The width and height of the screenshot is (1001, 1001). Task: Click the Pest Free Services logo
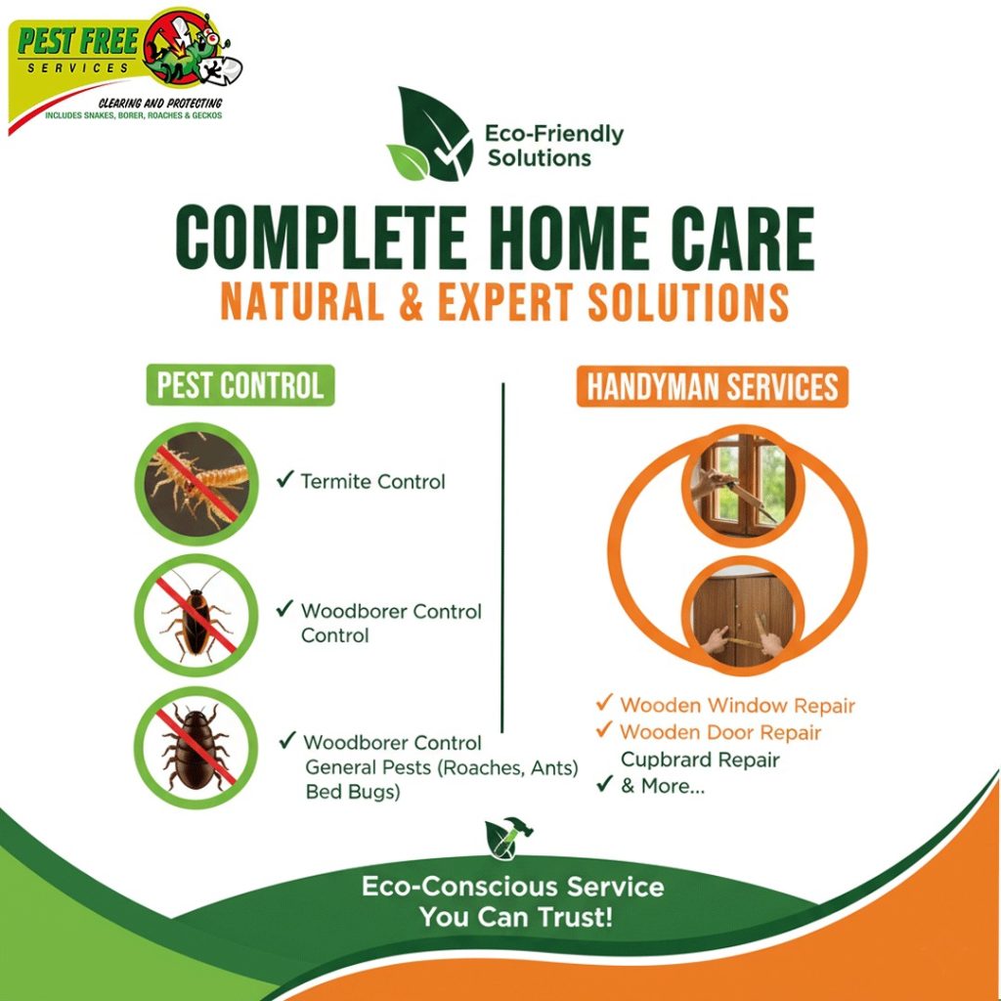click(x=124, y=69)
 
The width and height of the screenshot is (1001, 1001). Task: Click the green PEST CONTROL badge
click(x=240, y=385)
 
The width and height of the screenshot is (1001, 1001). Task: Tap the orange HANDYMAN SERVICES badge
click(x=712, y=386)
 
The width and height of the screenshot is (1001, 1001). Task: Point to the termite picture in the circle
click(x=196, y=483)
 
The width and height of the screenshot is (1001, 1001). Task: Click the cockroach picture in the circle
click(x=196, y=616)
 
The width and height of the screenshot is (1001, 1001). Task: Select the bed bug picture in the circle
click(x=196, y=748)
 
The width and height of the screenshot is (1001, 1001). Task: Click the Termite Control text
click(x=372, y=481)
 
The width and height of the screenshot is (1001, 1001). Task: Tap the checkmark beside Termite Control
click(x=284, y=479)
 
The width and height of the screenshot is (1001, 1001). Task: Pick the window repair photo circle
click(x=743, y=485)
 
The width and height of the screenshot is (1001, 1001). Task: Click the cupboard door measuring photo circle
click(x=743, y=617)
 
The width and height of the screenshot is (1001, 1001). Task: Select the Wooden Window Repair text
click(x=737, y=706)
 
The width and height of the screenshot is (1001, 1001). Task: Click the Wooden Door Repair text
click(x=720, y=732)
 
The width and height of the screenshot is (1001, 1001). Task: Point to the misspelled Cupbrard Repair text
click(x=700, y=760)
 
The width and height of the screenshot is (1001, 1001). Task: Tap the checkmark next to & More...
click(x=604, y=783)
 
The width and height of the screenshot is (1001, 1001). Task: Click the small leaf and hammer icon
click(x=508, y=837)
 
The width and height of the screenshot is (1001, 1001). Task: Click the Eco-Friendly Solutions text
click(x=554, y=146)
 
